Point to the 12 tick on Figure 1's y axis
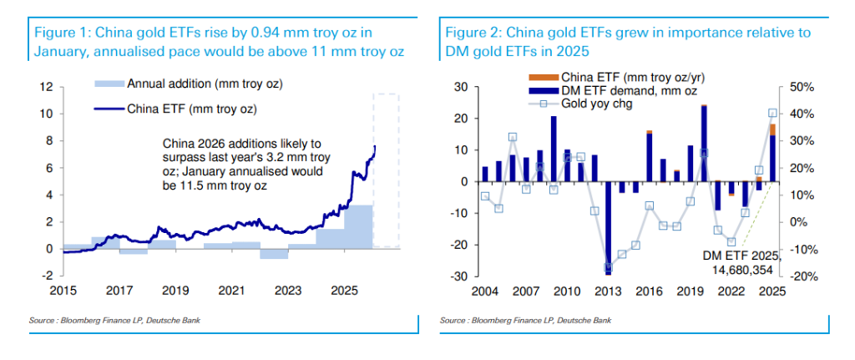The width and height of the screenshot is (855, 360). (48, 87)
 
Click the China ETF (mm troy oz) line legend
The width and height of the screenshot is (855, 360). (176, 109)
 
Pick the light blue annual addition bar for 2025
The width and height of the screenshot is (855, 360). (358, 226)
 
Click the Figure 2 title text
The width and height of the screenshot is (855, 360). (626, 43)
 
